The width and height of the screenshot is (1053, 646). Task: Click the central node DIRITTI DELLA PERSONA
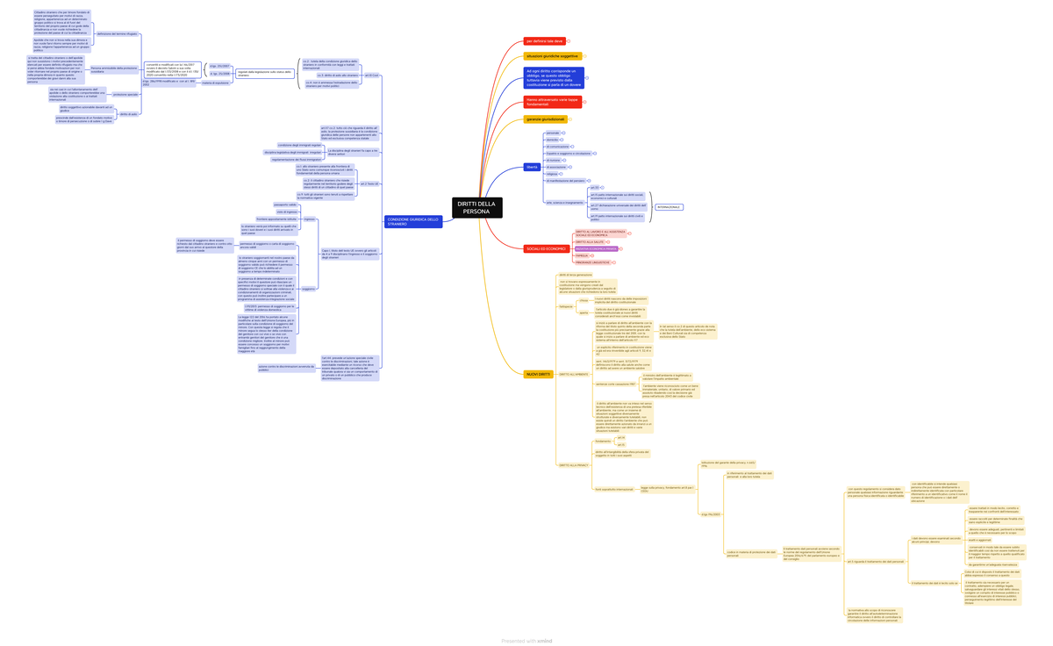[477, 208]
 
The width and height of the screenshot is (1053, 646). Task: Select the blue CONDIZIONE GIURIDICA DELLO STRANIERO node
[413, 222]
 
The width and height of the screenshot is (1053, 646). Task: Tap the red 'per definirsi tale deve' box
[544, 41]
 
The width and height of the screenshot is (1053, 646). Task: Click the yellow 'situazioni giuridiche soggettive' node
[552, 56]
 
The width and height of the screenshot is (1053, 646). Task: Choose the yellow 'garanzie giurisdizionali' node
[546, 119]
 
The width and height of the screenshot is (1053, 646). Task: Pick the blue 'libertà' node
[533, 167]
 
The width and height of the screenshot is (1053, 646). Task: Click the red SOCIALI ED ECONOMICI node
[546, 249]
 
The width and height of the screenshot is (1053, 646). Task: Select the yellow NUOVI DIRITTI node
[538, 375]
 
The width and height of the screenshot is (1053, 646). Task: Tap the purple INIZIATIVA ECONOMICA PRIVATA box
[596, 249]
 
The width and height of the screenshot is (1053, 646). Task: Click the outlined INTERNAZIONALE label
[668, 207]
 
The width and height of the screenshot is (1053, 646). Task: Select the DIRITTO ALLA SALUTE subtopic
[590, 242]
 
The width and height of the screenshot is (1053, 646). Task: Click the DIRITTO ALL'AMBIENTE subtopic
[574, 375]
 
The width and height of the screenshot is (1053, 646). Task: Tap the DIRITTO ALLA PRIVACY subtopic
[574, 465]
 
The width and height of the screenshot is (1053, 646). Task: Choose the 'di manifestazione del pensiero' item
[565, 181]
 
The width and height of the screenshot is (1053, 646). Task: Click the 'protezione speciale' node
[125, 95]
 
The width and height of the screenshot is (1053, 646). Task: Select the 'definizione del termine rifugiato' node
[117, 34]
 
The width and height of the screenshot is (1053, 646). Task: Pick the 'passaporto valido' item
[285, 205]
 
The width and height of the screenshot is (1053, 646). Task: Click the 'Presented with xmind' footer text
[526, 641]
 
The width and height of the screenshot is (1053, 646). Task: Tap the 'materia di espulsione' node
[215, 83]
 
